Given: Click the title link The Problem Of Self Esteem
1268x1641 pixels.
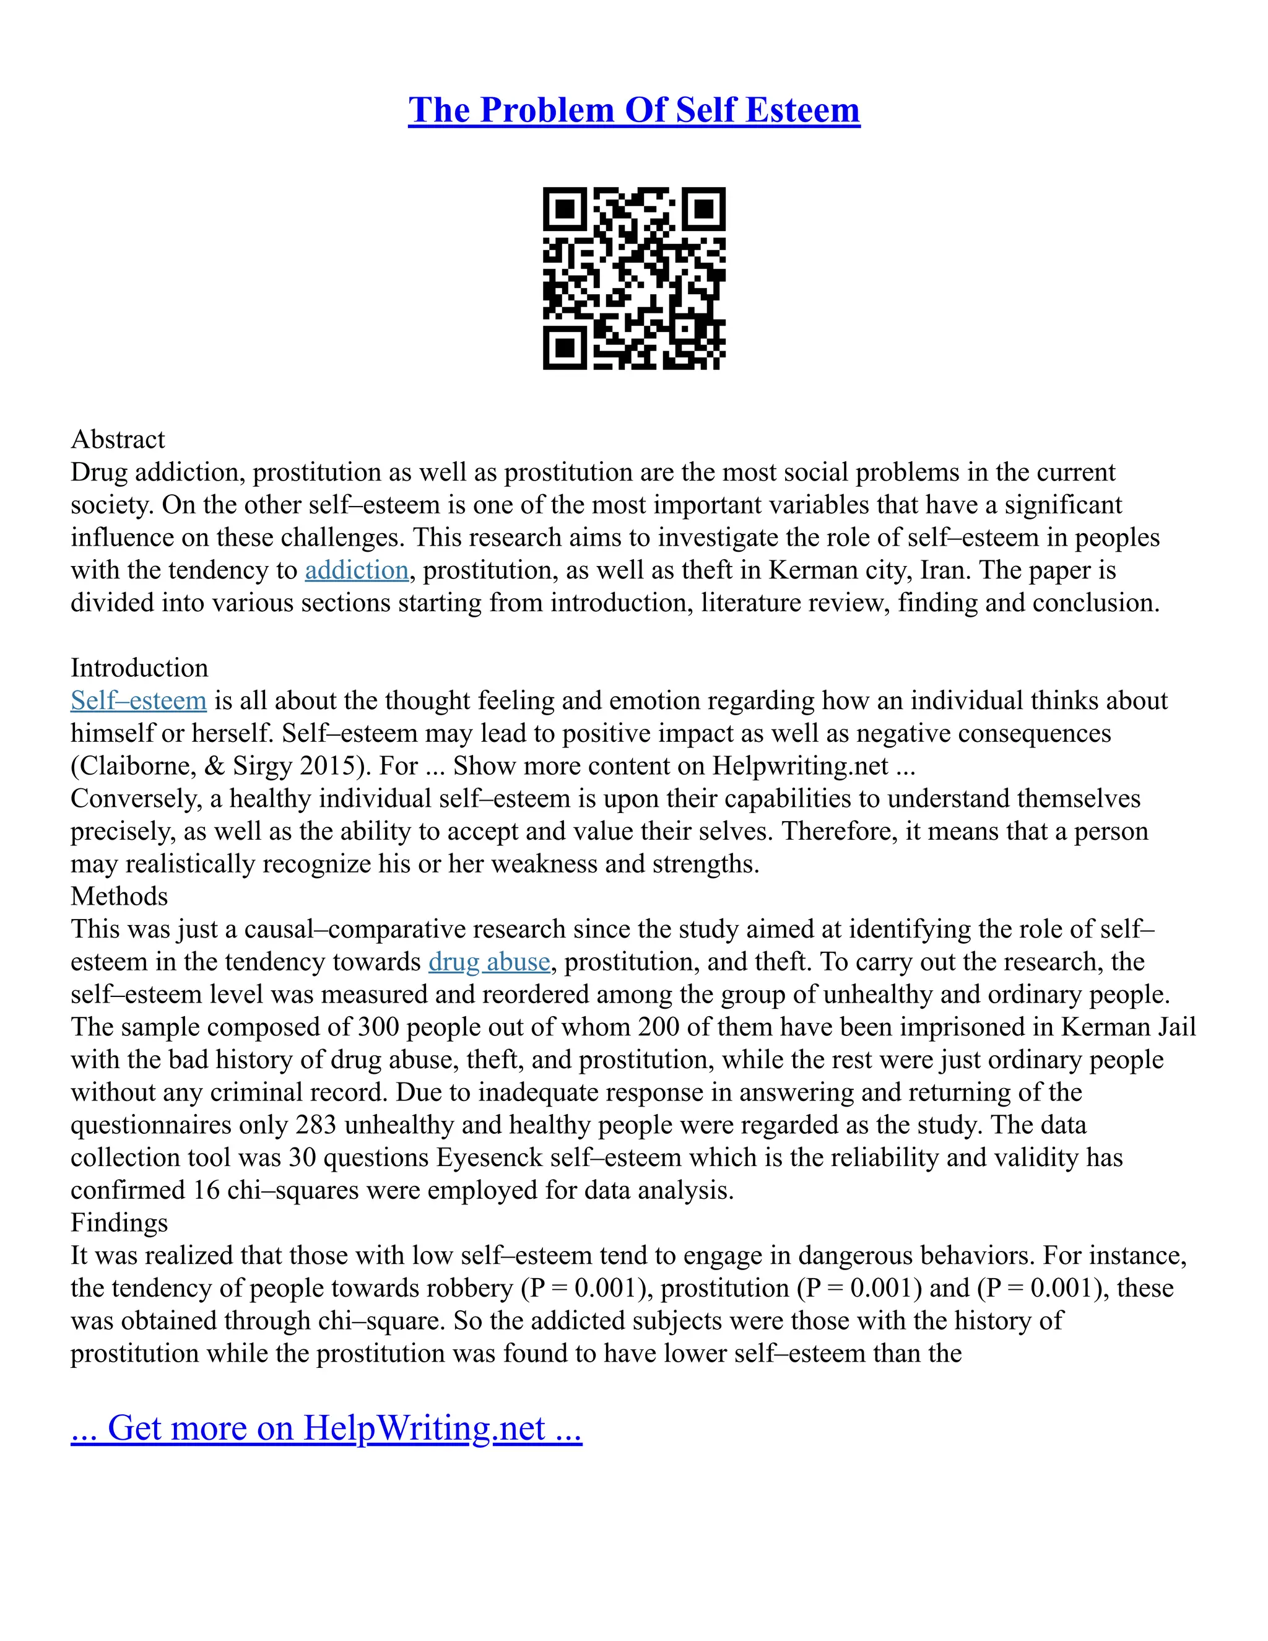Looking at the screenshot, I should coord(633,110).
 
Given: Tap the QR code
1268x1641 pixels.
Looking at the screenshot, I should coord(634,278).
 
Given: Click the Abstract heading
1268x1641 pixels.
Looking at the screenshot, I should coord(118,440).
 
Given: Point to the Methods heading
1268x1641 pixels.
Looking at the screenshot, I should coord(119,897).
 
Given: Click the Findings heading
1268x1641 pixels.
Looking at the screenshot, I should coord(119,1222).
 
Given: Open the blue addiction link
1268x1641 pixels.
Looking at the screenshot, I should coord(357,570).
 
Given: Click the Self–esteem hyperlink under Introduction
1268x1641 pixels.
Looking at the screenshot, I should coord(138,700).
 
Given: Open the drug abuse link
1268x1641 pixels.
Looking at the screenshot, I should coord(489,962).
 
